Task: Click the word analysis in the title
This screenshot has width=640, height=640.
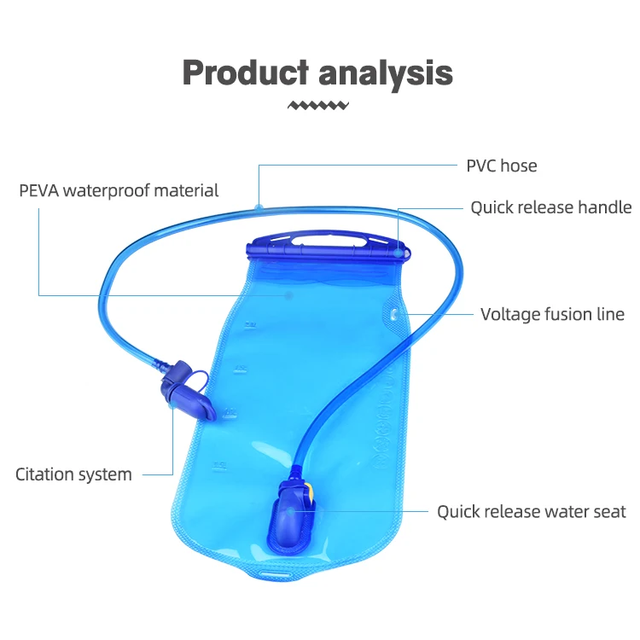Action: click(x=386, y=74)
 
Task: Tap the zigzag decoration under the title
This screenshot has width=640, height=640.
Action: click(x=318, y=105)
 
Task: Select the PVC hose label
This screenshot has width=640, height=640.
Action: click(x=501, y=166)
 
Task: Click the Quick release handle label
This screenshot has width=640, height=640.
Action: click(x=550, y=207)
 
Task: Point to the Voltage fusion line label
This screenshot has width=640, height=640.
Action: click(x=552, y=315)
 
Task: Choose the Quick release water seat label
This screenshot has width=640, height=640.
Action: click(x=531, y=512)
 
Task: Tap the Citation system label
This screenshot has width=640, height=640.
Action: click(x=73, y=474)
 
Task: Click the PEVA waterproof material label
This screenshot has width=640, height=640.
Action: click(x=119, y=190)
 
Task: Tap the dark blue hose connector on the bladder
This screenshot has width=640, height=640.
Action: click(x=292, y=515)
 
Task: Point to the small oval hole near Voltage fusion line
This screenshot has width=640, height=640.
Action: click(x=393, y=315)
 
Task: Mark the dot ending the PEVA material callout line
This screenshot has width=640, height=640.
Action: click(x=288, y=295)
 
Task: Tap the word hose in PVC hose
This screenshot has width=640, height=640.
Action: click(x=519, y=166)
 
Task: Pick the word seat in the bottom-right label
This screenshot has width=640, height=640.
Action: click(x=609, y=512)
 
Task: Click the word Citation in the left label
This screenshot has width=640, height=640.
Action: click(x=44, y=474)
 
